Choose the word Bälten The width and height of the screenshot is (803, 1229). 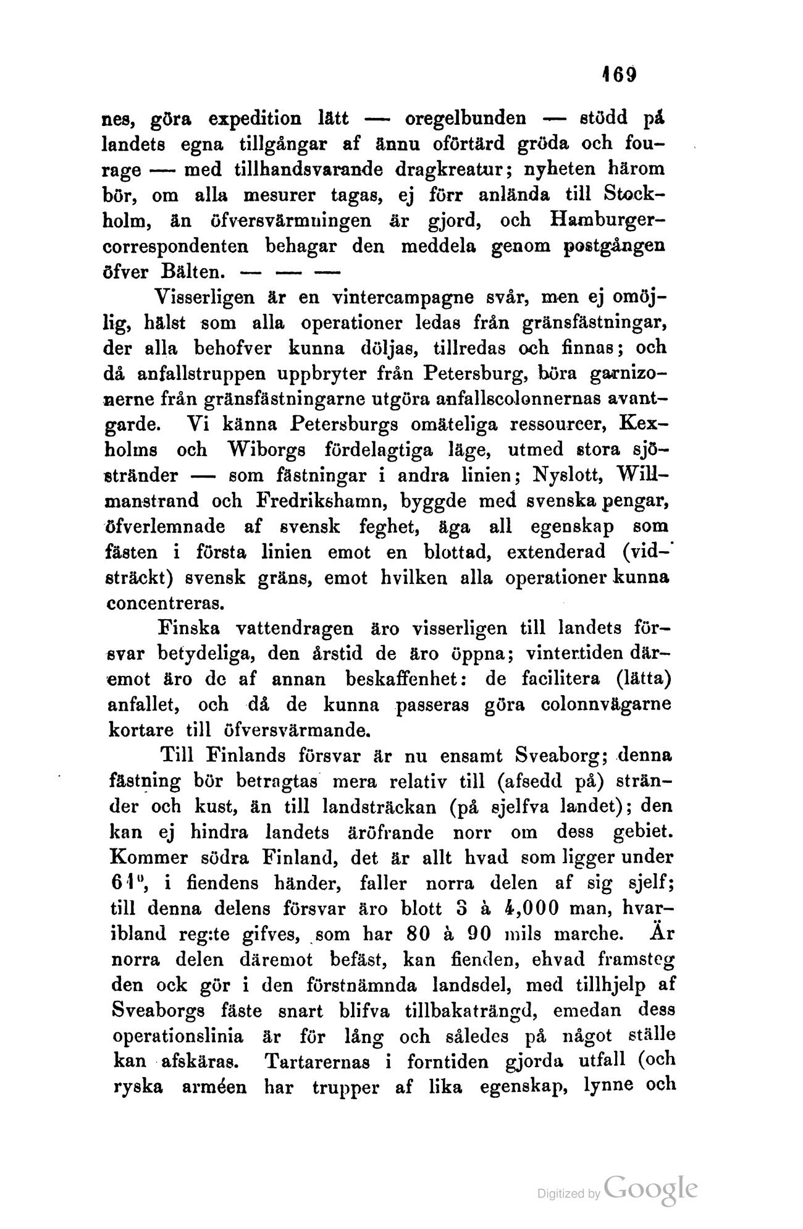click(x=192, y=271)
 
